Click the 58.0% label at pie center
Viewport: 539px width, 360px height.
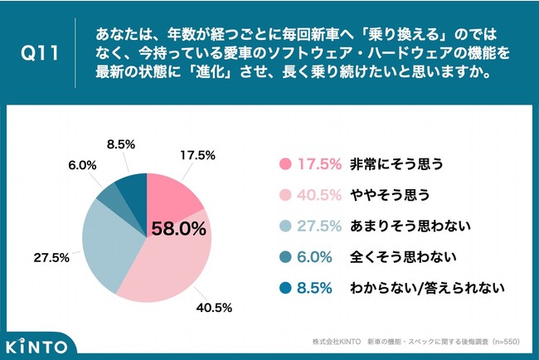coord(177,229)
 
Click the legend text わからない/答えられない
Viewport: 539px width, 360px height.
coord(428,288)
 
